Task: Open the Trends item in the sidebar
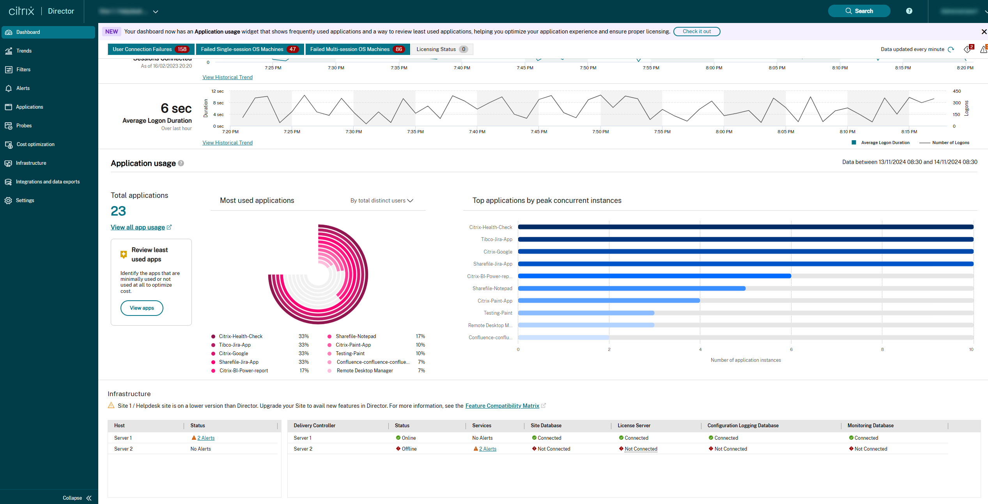[x=24, y=51]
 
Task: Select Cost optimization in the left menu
[x=35, y=144]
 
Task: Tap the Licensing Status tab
[x=441, y=49]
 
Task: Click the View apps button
[x=142, y=308]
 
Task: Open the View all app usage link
[x=138, y=227]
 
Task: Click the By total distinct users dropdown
[x=381, y=201]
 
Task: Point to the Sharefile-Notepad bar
[x=632, y=289]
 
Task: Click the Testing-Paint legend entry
[x=350, y=353]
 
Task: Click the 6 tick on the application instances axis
[x=791, y=349]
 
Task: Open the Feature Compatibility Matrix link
[x=502, y=406]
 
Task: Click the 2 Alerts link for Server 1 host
[x=205, y=438]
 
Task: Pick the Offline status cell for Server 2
[x=409, y=449]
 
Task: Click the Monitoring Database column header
[x=870, y=425]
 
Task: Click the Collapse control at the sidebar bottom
[x=77, y=498]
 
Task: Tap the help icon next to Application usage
[x=181, y=163]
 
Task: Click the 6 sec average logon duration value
[x=176, y=108]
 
